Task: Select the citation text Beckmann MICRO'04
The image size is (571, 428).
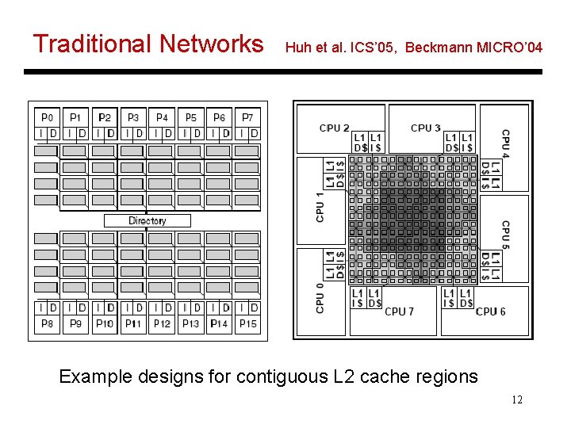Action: (473, 48)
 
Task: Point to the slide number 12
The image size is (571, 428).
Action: (517, 399)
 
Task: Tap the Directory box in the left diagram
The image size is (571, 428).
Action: (148, 220)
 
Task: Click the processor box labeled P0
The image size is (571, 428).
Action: (48, 117)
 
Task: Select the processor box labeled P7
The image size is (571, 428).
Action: (247, 117)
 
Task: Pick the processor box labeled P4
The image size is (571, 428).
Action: (162, 117)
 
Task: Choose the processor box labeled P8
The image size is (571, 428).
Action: (48, 323)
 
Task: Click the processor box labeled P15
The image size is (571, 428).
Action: (247, 323)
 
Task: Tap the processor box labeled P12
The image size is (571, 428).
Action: (162, 323)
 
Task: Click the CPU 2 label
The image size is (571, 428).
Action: (334, 128)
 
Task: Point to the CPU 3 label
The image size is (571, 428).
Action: (426, 128)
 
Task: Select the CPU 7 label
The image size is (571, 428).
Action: (399, 311)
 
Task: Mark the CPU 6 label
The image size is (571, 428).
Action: (490, 311)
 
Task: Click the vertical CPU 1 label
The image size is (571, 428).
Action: (320, 207)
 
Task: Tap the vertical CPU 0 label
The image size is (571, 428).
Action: (320, 297)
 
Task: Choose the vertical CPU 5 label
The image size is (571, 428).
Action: (505, 235)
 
